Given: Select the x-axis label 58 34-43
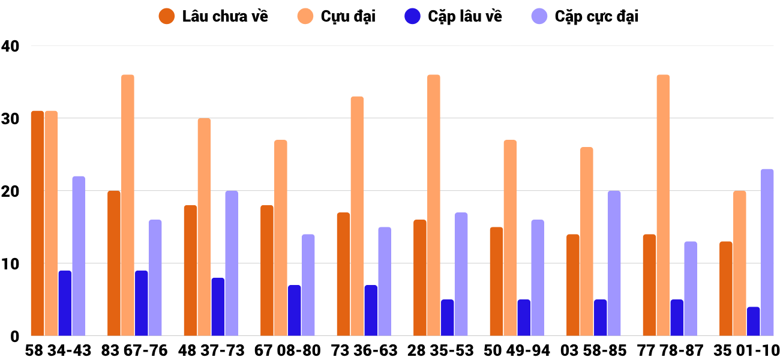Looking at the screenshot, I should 58,350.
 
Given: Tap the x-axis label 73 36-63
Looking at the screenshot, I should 364,350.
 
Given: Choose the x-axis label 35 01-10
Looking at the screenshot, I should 746,350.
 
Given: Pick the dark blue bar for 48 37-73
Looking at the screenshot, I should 218,307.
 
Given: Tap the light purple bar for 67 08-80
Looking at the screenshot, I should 308,285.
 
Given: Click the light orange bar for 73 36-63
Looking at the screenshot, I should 357,216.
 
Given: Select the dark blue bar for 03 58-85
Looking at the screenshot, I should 600,317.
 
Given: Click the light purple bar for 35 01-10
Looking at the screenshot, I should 767,253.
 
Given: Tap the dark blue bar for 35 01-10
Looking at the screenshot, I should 753,321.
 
